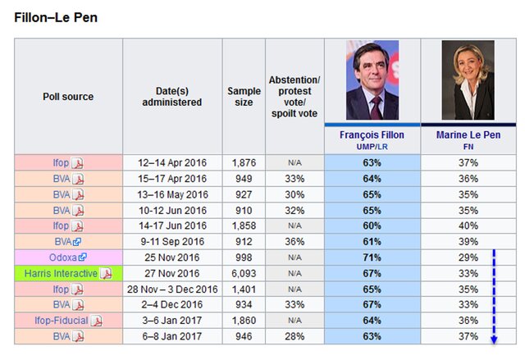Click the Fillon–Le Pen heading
tap(57, 17)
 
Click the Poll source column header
tap(68, 97)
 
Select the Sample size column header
tap(243, 97)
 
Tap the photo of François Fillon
tap(372, 80)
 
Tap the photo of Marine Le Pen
tap(468, 80)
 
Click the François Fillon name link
tap(372, 134)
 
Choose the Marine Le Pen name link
tap(468, 134)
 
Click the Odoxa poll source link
tap(64, 257)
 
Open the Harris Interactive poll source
tap(61, 273)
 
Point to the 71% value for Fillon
tap(372, 257)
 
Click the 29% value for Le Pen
tap(468, 257)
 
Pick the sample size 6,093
tap(243, 273)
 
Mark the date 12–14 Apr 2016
tap(172, 162)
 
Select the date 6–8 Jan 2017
tap(172, 336)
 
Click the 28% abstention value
tap(294, 336)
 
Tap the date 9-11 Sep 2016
tap(172, 242)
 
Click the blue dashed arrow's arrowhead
tap(495, 338)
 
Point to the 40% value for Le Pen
tap(468, 226)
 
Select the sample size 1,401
tap(243, 289)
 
